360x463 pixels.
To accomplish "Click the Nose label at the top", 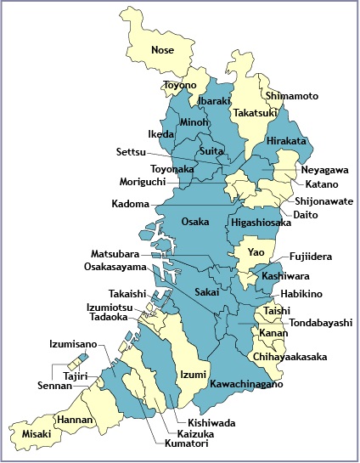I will click(x=162, y=50).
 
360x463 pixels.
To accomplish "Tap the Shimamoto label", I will click(x=291, y=96).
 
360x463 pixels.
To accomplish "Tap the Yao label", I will click(x=256, y=252).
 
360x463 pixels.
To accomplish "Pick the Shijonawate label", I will click(x=324, y=201).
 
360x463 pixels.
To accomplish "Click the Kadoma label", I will click(x=130, y=204).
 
